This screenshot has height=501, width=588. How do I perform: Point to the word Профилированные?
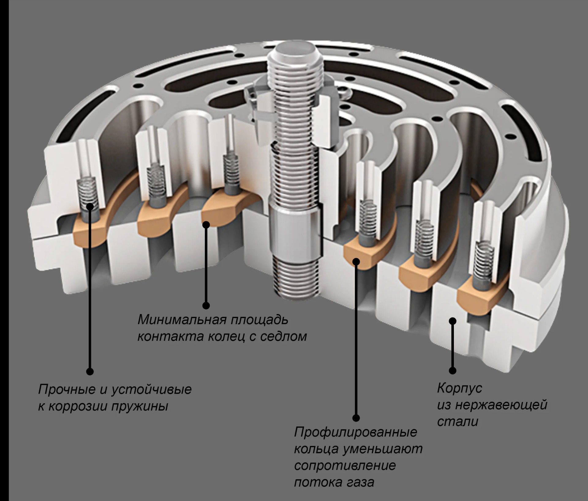coord(356,432)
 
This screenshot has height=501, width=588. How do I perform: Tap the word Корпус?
coord(459,388)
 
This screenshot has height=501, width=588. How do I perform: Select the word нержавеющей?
coord(501,405)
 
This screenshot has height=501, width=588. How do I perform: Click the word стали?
coord(457,422)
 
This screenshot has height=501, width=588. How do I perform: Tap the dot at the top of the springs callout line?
coord(90,206)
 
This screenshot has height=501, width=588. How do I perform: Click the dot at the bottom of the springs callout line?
coord(90,371)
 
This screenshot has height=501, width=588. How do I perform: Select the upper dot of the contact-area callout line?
coord(206,225)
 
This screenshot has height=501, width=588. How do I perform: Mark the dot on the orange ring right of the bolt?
coord(356,261)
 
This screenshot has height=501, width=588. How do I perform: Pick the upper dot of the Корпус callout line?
coord(453,321)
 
